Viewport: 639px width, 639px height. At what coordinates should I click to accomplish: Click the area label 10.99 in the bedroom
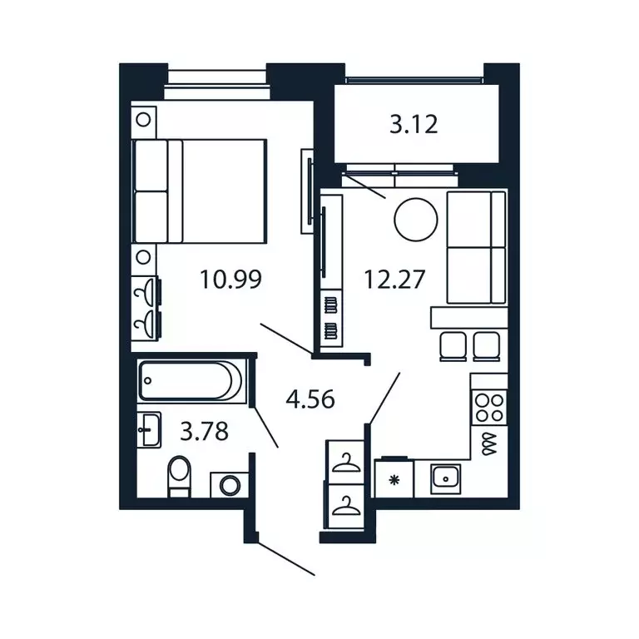(230, 280)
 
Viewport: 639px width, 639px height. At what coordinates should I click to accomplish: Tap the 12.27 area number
(394, 280)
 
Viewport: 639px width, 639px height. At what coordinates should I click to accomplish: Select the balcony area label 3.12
(414, 126)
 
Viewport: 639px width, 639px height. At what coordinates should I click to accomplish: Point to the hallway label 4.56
(310, 400)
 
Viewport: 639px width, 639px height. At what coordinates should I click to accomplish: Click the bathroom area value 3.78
(205, 432)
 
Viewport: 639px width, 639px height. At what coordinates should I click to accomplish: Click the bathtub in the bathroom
(191, 381)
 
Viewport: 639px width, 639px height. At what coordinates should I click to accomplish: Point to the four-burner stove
(488, 408)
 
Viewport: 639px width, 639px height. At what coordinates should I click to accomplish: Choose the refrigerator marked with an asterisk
(394, 479)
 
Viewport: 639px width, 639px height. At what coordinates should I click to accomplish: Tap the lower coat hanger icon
(344, 505)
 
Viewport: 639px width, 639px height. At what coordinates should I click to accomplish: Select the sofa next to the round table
(476, 247)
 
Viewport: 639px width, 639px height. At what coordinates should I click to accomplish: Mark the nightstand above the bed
(144, 119)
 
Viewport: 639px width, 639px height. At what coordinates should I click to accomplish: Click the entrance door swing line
(285, 558)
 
